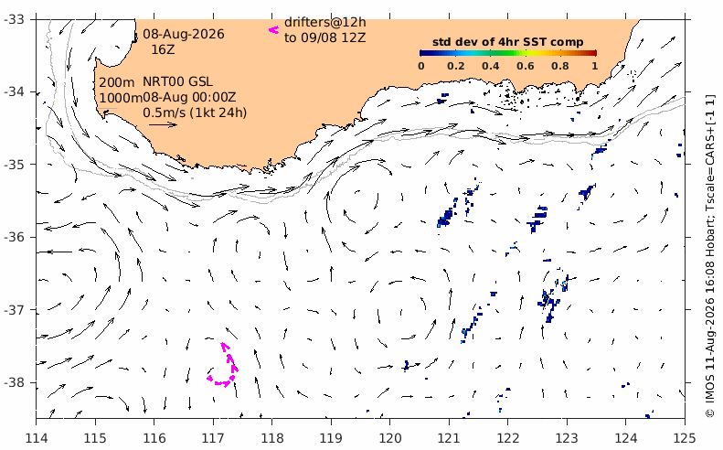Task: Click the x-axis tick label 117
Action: pos(213,437)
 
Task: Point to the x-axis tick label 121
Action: pos(449,437)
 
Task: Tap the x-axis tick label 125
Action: pos(685,437)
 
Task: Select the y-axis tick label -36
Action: pos(16,237)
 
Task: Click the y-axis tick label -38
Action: pos(16,382)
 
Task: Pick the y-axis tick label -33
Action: pos(16,19)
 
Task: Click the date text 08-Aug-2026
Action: pos(184,34)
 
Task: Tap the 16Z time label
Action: pos(164,49)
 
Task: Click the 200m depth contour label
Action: pos(117,82)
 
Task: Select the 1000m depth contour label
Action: pos(121,98)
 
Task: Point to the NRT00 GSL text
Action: pos(178,81)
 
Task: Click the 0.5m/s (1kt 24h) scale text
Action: pos(195,112)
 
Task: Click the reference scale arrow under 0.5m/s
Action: pos(164,124)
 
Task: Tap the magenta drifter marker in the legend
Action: pos(274,30)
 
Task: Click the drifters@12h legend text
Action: pos(325,22)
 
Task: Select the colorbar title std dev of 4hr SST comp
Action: pos(507,42)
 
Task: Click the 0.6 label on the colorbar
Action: pos(526,66)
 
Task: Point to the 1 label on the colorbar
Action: pos(595,66)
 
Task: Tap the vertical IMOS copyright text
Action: pos(710,256)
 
